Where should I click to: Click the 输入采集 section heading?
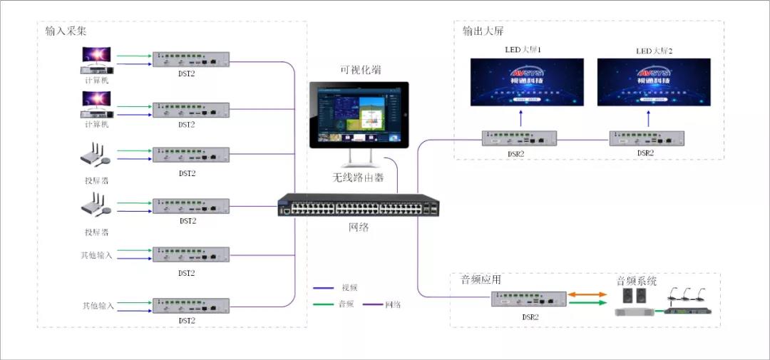[66, 31]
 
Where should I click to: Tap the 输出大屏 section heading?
[483, 31]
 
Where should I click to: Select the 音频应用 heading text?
[481, 280]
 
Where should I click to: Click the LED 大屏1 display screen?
[527, 81]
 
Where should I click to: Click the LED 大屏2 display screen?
[654, 81]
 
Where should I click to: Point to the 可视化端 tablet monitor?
[359, 115]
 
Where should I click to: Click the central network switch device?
[359, 205]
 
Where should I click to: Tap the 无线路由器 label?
[359, 178]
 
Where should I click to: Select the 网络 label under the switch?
[359, 227]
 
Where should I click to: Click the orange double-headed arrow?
[590, 294]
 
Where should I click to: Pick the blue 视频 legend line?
[324, 289]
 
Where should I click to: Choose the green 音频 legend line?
[324, 304]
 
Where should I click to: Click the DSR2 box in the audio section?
[528, 299]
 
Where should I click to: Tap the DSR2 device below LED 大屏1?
[519, 138]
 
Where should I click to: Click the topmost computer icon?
[97, 60]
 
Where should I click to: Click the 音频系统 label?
[636, 281]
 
